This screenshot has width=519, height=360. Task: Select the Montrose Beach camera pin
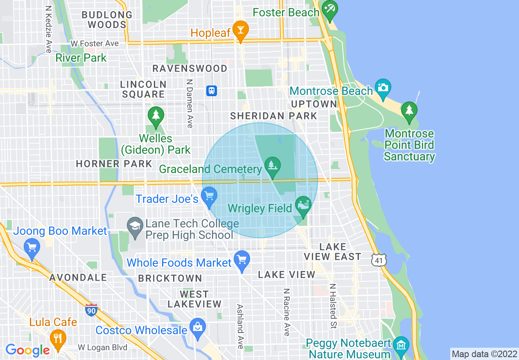(x=383, y=88)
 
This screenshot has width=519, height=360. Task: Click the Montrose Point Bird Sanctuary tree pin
(x=409, y=111)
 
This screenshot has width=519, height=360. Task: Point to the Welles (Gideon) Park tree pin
(x=156, y=116)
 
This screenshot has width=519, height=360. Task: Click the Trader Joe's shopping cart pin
(x=209, y=196)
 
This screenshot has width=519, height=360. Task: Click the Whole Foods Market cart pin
(x=241, y=260)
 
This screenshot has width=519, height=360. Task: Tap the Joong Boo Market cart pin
(x=32, y=248)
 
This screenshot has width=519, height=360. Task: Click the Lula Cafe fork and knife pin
(x=58, y=339)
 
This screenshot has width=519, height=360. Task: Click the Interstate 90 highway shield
(x=92, y=310)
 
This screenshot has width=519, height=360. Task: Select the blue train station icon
(x=212, y=91)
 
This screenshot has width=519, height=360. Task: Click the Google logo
(x=27, y=350)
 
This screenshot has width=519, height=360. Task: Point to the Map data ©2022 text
(x=483, y=354)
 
